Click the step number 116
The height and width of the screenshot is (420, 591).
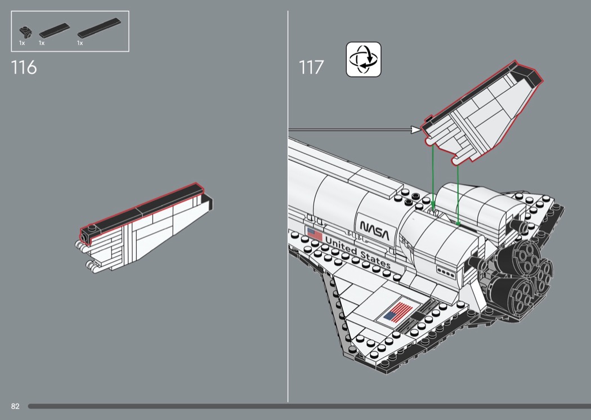tap(24, 68)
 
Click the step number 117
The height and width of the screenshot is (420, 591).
tap(311, 68)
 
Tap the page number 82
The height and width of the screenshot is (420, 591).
tap(15, 406)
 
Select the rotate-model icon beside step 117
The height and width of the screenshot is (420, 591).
tap(364, 60)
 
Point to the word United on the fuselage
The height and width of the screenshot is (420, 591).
tap(341, 245)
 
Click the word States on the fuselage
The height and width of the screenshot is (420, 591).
tap(375, 258)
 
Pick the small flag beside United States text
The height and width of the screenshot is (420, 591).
tap(315, 234)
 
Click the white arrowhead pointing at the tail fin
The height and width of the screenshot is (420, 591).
tap(416, 130)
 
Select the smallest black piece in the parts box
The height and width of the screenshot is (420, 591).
tap(26, 33)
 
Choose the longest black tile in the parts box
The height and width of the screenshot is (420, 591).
tap(99, 28)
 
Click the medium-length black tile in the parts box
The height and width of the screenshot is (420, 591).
tap(54, 30)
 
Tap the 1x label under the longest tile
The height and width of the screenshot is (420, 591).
tap(80, 43)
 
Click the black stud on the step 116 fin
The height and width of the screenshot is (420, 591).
tap(91, 227)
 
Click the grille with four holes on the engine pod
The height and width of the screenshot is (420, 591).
tap(446, 271)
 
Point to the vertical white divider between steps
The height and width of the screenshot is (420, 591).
tap(288, 207)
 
